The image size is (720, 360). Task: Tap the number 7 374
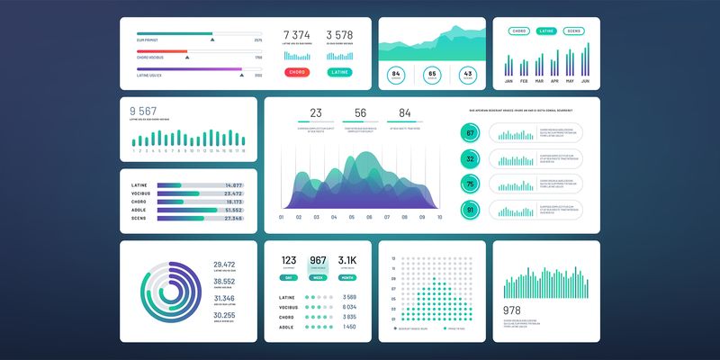coord(296,35)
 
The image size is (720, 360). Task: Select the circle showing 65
coord(432,76)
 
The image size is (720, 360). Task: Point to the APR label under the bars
coord(554,81)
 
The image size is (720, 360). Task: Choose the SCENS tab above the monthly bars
coord(573,31)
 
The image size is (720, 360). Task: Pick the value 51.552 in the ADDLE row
coord(233,209)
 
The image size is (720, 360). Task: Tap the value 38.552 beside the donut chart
coord(224,281)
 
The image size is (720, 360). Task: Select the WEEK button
coord(319,278)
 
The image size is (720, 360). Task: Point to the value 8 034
coord(349,307)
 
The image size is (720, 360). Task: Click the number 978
coord(512,310)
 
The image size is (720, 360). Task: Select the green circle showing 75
coord(470,184)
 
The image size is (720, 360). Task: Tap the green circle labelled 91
coord(470,211)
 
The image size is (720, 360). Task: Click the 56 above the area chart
coord(360,113)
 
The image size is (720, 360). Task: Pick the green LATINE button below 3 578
coord(339,72)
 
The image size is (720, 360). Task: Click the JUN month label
coord(585,81)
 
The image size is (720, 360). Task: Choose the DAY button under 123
coord(288,278)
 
